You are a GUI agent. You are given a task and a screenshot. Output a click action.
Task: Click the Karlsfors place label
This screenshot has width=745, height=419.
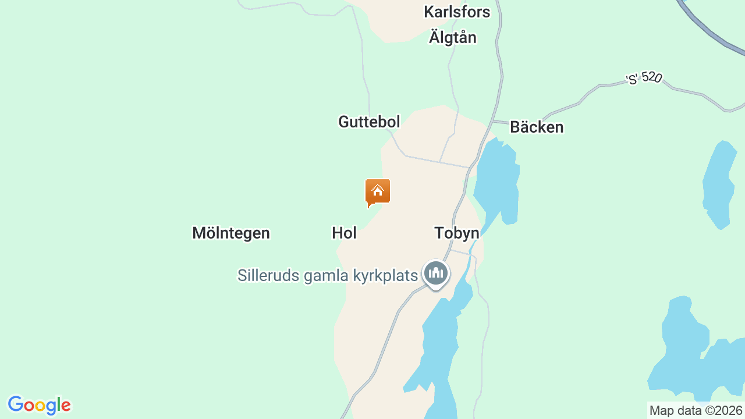pyautogui.click(x=457, y=12)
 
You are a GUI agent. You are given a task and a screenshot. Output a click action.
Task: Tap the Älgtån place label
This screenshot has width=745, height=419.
pyautogui.click(x=452, y=37)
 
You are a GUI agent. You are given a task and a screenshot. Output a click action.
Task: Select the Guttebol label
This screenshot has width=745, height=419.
pyautogui.click(x=369, y=122)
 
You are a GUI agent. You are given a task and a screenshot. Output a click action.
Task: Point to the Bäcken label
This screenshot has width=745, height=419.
pyautogui.click(x=537, y=127)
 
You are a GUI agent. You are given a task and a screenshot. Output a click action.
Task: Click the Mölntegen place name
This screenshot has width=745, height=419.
pyautogui.click(x=231, y=233)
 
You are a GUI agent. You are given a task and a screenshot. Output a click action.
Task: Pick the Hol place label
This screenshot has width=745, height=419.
pyautogui.click(x=344, y=233)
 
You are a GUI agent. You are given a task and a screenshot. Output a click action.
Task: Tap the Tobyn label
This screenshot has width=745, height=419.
pyautogui.click(x=457, y=233)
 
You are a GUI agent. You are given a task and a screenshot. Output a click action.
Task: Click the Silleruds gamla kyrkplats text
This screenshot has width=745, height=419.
pyautogui.click(x=328, y=275)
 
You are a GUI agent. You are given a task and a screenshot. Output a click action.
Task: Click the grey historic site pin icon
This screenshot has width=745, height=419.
pyautogui.click(x=436, y=273)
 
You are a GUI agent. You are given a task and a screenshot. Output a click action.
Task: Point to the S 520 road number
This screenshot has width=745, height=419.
pyautogui.click(x=644, y=79)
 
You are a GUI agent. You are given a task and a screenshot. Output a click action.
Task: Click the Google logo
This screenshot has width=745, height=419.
pyautogui.click(x=39, y=405)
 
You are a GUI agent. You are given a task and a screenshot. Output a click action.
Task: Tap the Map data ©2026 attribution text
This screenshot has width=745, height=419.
pyautogui.click(x=696, y=410)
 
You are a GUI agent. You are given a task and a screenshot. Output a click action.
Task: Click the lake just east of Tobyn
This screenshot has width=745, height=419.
pyautogui.click(x=498, y=180)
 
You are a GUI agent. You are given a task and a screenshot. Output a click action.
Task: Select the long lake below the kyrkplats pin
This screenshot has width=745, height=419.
pyautogui.click(x=439, y=349)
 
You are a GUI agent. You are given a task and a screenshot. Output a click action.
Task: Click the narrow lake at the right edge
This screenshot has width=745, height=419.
pyautogui.click(x=718, y=183)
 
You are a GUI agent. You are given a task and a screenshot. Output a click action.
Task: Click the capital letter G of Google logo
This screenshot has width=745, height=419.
pyautogui.click(x=16, y=404)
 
